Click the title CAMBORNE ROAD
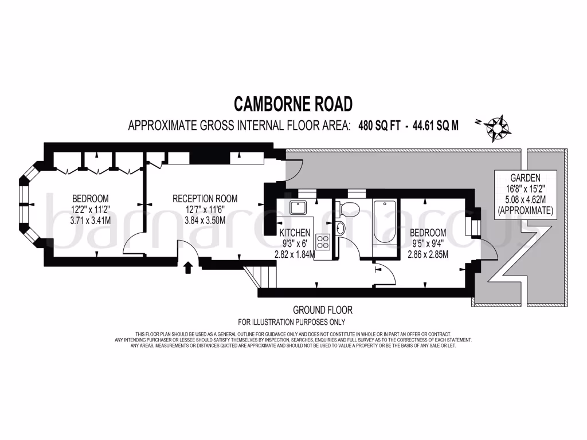[x=293, y=104]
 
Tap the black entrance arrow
[x=189, y=268]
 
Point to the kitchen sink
[x=299, y=207]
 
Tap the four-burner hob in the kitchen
[x=323, y=242]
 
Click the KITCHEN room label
[x=295, y=233]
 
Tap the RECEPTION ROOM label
[x=205, y=199]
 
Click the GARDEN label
[x=526, y=178]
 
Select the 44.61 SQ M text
[x=433, y=125]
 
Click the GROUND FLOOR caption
[x=323, y=310]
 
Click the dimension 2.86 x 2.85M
[x=428, y=254]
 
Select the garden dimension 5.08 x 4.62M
[x=526, y=200]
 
